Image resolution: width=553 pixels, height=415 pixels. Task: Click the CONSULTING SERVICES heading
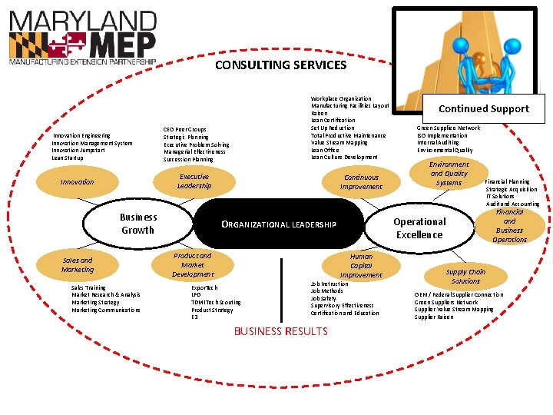[x=280, y=65]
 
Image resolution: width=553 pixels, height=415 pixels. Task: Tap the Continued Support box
[x=484, y=108]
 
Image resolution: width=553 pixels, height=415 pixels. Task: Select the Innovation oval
[x=77, y=182]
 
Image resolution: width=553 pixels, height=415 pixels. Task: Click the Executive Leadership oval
[x=194, y=181]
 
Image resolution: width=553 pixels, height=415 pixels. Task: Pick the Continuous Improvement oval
[x=360, y=182]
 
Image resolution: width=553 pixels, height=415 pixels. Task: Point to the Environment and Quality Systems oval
[x=449, y=174]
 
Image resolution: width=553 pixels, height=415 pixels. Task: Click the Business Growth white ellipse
[x=137, y=224]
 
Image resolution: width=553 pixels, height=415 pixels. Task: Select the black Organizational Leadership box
[x=279, y=224]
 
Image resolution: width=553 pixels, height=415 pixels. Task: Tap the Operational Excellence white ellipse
[x=419, y=228]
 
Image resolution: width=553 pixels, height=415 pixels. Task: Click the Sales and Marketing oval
[x=77, y=265]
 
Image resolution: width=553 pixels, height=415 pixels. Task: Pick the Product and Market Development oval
[x=192, y=265]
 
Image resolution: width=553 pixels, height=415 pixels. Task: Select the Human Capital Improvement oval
[x=360, y=266]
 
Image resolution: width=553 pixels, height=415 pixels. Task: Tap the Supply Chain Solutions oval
[x=465, y=277]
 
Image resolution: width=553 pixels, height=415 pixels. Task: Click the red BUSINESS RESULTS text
[x=280, y=331]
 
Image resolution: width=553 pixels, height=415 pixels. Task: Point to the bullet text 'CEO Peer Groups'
[x=184, y=129]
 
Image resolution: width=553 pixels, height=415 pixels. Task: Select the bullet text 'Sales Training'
[x=88, y=288]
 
